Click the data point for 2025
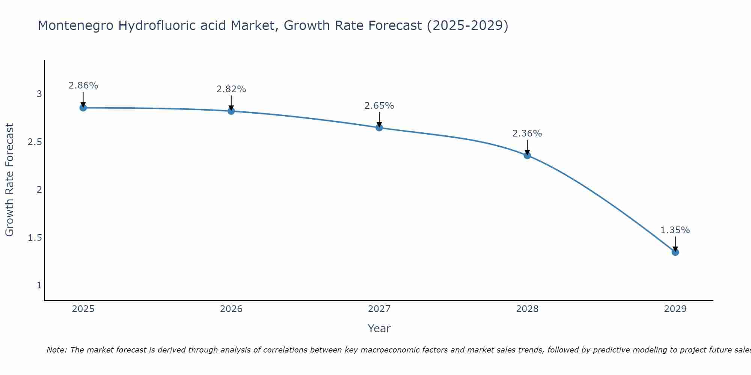click(x=83, y=108)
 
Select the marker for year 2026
click(x=231, y=111)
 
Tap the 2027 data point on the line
click(x=379, y=127)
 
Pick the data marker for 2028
click(x=527, y=155)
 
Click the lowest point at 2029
click(x=675, y=252)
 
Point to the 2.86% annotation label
click(x=83, y=85)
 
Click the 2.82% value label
click(x=231, y=89)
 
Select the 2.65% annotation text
click(x=379, y=106)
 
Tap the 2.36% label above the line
click(x=527, y=133)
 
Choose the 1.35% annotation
click(x=675, y=230)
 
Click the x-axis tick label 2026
click(x=231, y=309)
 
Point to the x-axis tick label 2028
click(x=527, y=309)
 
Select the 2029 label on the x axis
click(x=675, y=309)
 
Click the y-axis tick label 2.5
click(x=35, y=142)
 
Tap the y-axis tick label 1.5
click(x=35, y=238)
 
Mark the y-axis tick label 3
click(x=39, y=94)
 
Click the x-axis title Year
click(x=379, y=328)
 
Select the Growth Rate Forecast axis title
click(x=9, y=180)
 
